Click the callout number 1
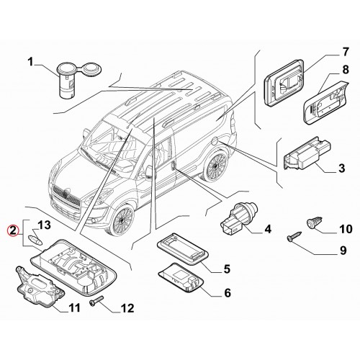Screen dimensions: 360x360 coord(30,62)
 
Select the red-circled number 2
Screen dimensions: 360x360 coord(13,230)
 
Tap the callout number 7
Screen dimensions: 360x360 coord(345,52)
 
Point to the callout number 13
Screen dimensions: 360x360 coord(44,225)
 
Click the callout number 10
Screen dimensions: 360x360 coord(346,229)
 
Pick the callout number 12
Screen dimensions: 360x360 coord(127,308)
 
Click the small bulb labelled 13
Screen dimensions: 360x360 coord(35,240)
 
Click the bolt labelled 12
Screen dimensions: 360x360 coord(96,301)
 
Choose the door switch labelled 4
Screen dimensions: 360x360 coord(239,217)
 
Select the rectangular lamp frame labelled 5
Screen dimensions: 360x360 coord(182,248)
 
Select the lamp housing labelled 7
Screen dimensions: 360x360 coord(284,82)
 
